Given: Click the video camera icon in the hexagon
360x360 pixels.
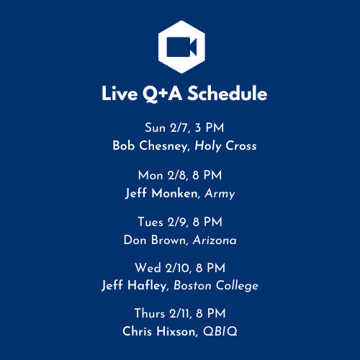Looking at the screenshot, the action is (x=181, y=47).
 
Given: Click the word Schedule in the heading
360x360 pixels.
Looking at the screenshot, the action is (x=228, y=94).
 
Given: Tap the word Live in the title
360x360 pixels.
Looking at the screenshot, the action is (x=120, y=94).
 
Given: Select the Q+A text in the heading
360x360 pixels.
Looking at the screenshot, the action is (x=163, y=94).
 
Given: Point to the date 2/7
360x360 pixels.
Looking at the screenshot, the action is (x=179, y=127).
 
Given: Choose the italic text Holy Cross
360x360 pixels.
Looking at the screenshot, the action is (x=225, y=146).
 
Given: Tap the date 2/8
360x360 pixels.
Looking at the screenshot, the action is (x=176, y=175).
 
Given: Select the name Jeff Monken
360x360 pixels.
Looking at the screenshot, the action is (x=161, y=193).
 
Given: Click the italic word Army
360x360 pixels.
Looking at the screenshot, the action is (x=220, y=194).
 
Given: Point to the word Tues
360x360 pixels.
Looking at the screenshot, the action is (x=150, y=222).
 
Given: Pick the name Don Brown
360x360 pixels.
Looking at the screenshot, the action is (x=154, y=240).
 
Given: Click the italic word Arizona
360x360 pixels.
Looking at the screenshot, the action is (x=215, y=240).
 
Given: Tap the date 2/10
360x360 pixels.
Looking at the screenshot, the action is (x=178, y=268).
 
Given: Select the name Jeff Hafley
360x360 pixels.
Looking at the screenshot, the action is (x=134, y=286).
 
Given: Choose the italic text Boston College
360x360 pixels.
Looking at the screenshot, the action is (x=216, y=286).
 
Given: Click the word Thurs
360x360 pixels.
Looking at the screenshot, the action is (x=150, y=313).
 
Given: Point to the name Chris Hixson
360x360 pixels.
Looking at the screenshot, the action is (x=160, y=331).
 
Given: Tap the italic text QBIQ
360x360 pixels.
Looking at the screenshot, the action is (x=220, y=331).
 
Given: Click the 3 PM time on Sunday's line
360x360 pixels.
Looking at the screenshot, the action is (x=210, y=127).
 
